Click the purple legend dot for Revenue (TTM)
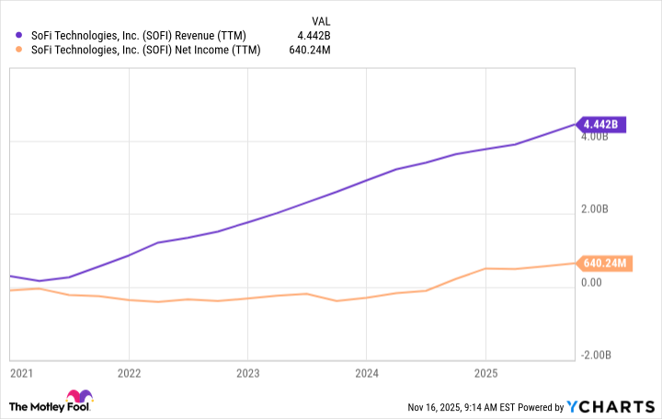coord(19,35)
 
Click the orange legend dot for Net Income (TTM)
coord(19,50)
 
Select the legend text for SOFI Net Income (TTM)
coord(144,50)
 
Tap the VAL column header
coord(322,19)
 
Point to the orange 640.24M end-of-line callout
coord(604,264)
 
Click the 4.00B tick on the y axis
coord(594,138)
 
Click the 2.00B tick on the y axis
coord(594,209)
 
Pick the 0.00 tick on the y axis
coord(590,282)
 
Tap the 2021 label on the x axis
coord(21,373)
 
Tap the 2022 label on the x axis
coord(129,373)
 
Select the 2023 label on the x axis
coord(247,373)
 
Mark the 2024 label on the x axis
coord(366,373)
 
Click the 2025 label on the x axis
coord(485,373)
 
